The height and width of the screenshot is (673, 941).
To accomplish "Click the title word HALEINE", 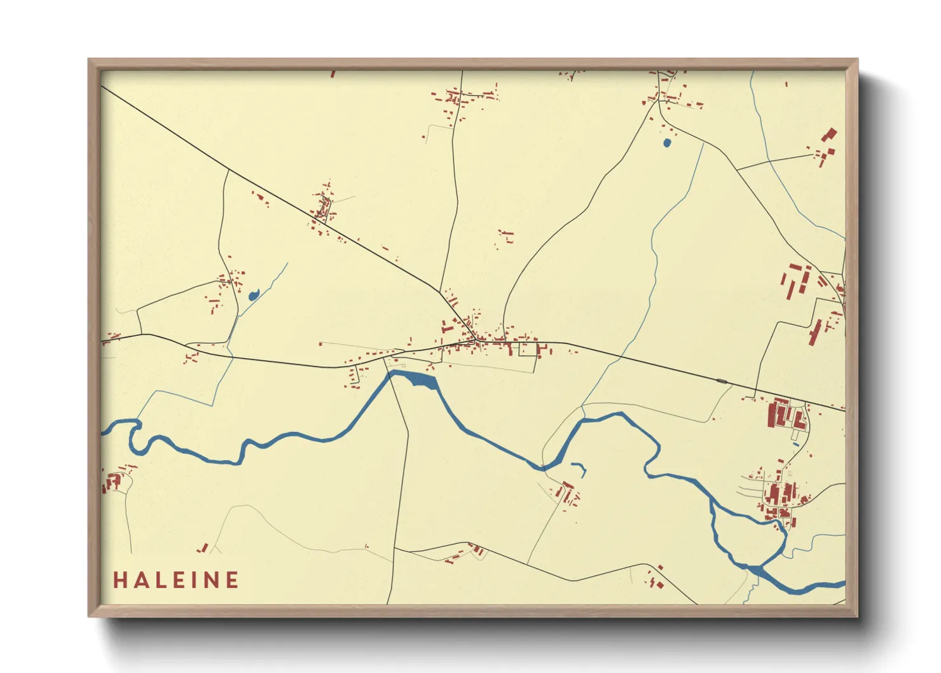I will tap(176, 580).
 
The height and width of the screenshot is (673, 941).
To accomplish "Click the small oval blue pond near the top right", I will tap(666, 143).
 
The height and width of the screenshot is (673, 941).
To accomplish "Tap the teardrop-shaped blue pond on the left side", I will tap(254, 295).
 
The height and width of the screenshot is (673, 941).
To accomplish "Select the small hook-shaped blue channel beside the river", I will tap(580, 469).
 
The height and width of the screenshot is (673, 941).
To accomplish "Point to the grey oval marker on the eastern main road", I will tap(722, 381).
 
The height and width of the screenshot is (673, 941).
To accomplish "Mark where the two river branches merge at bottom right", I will tap(757, 568).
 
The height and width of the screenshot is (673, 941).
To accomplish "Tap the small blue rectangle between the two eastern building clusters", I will tap(795, 444).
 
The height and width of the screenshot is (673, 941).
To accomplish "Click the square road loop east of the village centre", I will tap(528, 349).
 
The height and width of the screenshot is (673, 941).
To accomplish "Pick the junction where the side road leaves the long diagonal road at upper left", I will tap(228, 170).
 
